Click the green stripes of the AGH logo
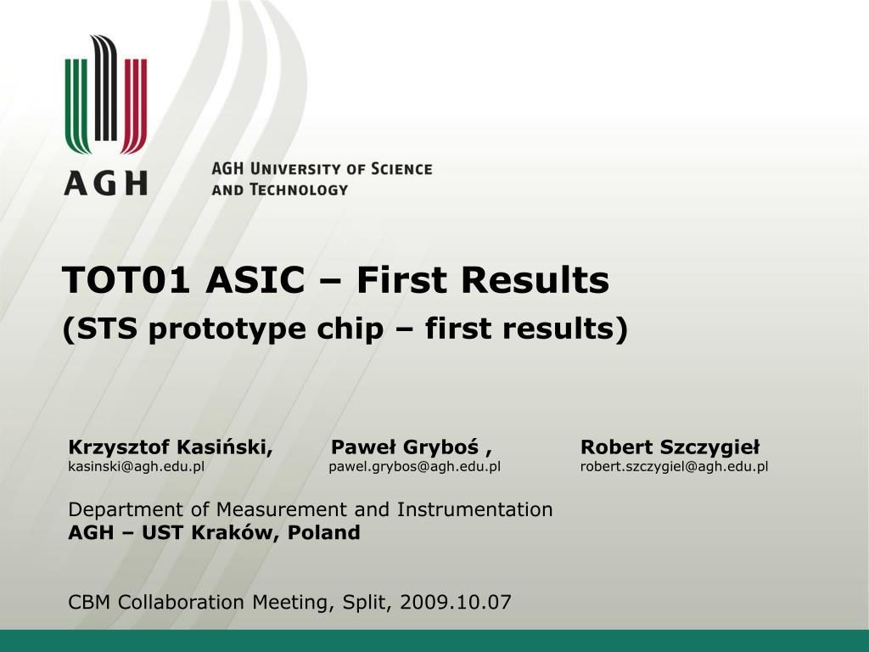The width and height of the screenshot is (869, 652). (x=76, y=105)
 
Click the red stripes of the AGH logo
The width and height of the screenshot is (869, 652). (x=135, y=105)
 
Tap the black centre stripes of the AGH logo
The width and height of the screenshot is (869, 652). (x=105, y=87)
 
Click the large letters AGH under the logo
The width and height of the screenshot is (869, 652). (x=106, y=183)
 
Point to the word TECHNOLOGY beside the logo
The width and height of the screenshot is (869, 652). (x=299, y=189)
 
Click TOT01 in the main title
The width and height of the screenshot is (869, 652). (x=126, y=279)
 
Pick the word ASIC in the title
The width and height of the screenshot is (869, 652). (x=255, y=279)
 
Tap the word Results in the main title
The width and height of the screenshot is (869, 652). (x=535, y=279)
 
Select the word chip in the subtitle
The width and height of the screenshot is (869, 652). (x=350, y=329)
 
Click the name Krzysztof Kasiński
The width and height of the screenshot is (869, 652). (x=171, y=447)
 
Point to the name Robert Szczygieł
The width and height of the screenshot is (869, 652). (x=670, y=447)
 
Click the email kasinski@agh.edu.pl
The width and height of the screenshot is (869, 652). (x=137, y=467)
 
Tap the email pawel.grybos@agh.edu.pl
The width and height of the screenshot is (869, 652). (x=414, y=467)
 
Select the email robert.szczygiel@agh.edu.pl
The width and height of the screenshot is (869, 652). (x=675, y=467)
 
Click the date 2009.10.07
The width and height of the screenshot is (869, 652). (x=455, y=602)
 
